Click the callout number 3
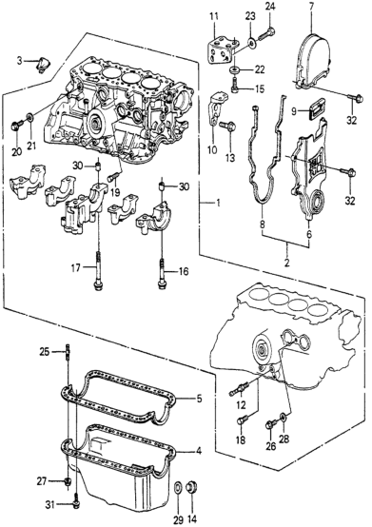tap(19, 61)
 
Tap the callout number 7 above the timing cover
tap(311, 6)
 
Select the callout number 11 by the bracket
tap(214, 16)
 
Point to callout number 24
tap(269, 7)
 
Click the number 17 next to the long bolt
tap(75, 267)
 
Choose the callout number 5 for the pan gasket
tap(199, 399)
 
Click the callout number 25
tap(45, 352)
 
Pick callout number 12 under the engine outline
tap(241, 404)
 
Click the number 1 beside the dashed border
tap(218, 203)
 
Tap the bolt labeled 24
tap(266, 33)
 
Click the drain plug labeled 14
tap(192, 488)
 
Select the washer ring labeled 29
tap(178, 489)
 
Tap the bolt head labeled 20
tap(16, 126)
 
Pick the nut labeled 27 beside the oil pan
tap(68, 482)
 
